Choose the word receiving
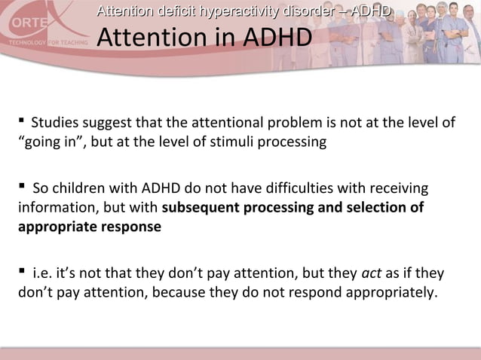(400, 188)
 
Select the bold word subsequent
(200, 207)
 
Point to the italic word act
(371, 273)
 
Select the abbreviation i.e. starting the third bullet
(41, 273)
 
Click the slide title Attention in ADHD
(204, 37)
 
